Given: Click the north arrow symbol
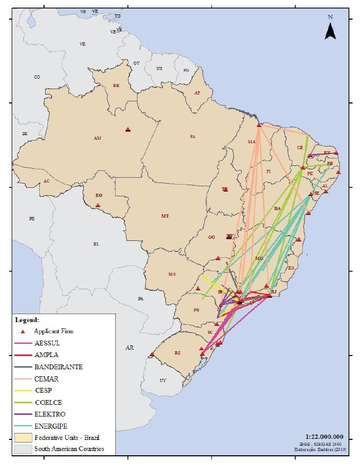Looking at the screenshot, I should pos(330,31).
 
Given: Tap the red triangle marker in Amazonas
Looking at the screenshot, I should pos(127,129).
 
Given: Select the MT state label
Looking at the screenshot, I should pos(165,216).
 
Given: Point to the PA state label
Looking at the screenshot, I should pos(193,137).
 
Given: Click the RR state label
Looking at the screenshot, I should pos(116,86).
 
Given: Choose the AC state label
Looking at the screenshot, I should pos(46,181).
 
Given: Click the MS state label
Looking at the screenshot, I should pos(172,274).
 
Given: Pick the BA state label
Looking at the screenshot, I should pos(277,209).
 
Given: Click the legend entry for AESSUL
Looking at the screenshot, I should pos(46,343).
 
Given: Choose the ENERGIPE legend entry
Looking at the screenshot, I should pos(50,426).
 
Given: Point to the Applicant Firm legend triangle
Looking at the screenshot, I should pos(22,331).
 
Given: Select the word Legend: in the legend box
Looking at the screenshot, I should pos(27,320).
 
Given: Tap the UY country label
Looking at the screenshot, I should pos(162,380).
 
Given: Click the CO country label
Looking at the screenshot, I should pos(37,77).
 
